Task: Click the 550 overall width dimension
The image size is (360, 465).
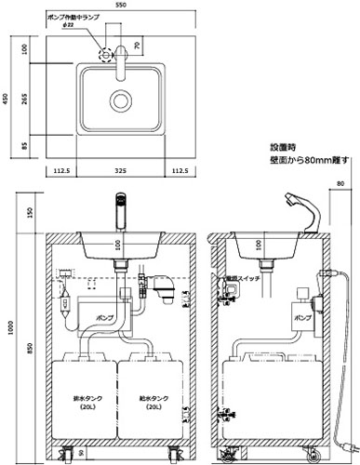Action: click(120, 7)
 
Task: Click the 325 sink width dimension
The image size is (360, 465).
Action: click(120, 171)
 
